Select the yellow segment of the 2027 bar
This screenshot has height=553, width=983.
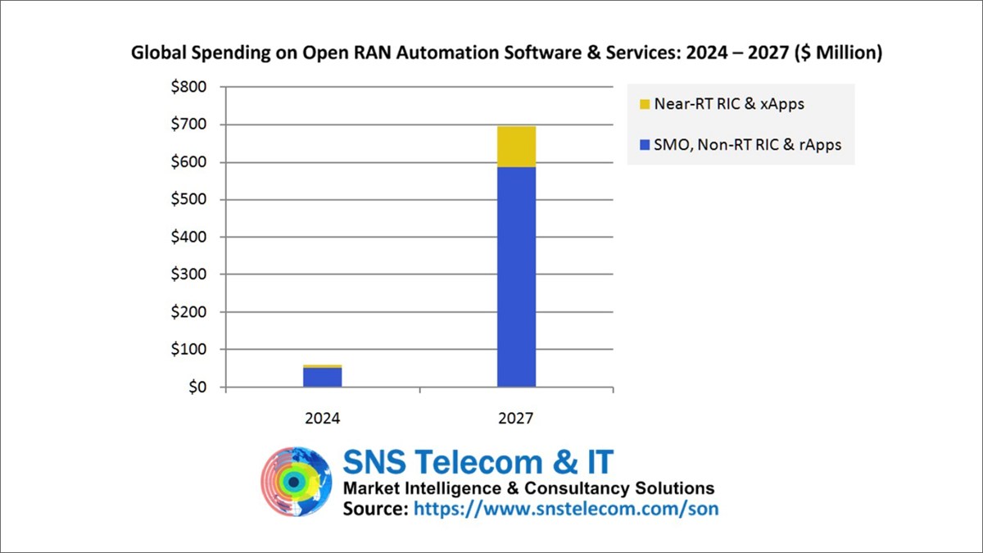(516, 147)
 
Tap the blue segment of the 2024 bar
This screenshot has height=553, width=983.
(322, 378)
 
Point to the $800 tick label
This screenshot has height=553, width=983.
(188, 88)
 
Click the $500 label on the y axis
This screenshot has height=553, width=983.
(188, 200)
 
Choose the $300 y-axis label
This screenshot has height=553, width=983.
(188, 274)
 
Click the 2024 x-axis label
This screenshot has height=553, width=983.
(322, 418)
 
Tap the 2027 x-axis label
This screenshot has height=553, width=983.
(516, 418)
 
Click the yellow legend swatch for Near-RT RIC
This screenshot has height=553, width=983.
(645, 105)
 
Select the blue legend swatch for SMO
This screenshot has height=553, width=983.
(645, 145)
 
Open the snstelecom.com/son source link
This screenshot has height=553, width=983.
(566, 509)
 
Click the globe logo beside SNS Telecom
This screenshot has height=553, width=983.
(297, 483)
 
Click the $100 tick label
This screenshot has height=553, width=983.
(188, 350)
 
